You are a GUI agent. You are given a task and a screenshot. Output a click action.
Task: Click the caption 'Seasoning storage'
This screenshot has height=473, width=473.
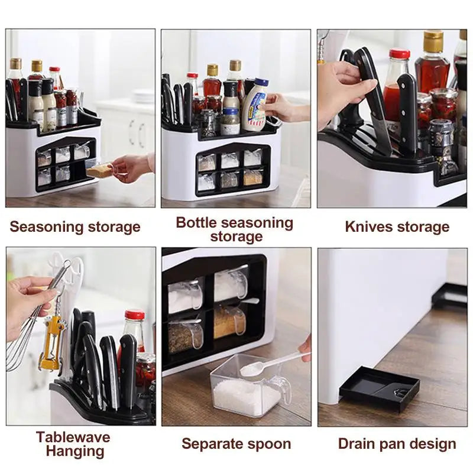click(x=75, y=227)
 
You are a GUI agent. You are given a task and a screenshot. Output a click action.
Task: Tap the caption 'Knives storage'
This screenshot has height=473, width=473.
click(x=397, y=227)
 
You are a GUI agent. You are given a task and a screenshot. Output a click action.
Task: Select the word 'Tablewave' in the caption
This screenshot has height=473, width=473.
click(x=73, y=438)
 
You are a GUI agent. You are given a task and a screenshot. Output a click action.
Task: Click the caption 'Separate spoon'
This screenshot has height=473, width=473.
click(x=236, y=444)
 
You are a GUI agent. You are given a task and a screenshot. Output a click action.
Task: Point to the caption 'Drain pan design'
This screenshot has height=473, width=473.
click(x=397, y=444)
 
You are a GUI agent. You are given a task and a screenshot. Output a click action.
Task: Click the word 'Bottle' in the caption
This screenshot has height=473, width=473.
click(x=200, y=223)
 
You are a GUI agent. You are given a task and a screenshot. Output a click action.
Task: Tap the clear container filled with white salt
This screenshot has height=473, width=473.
click(x=245, y=390)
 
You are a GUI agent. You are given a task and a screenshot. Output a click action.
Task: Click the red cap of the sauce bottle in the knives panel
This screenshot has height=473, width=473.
click(x=399, y=54)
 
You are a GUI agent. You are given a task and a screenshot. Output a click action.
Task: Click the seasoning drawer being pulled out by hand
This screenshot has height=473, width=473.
click(x=99, y=170)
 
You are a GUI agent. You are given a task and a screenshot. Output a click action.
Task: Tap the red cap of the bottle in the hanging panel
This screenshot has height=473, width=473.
click(x=135, y=315)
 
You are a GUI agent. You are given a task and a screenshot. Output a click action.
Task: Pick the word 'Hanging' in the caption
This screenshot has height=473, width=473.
click(x=75, y=452)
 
